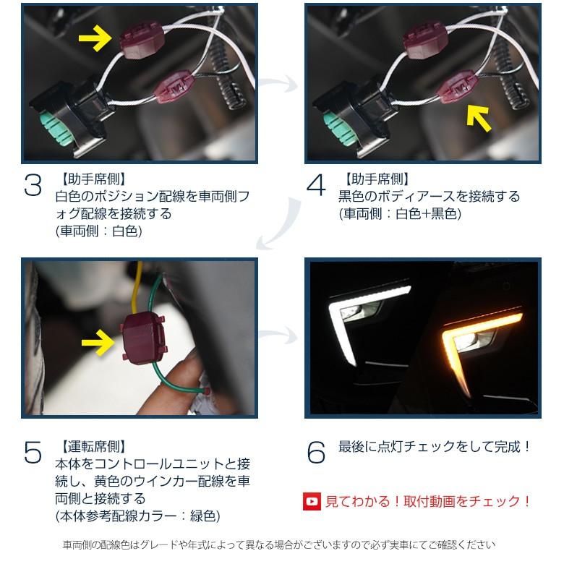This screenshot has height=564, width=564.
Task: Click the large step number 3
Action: coord(33,186)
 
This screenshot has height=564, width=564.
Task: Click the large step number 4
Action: coord(317,186)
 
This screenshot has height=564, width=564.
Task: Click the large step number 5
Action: coord(33,453)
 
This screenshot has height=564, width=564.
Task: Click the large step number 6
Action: coord(317,453)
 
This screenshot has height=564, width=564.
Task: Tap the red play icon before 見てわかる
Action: coord(312,500)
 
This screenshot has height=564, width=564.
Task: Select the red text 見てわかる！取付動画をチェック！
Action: coord(429,500)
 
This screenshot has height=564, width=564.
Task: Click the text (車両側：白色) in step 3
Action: coord(99,231)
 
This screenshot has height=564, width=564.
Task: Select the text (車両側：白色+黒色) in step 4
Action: coord(399,214)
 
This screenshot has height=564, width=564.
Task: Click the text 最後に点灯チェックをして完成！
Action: coord(435,447)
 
